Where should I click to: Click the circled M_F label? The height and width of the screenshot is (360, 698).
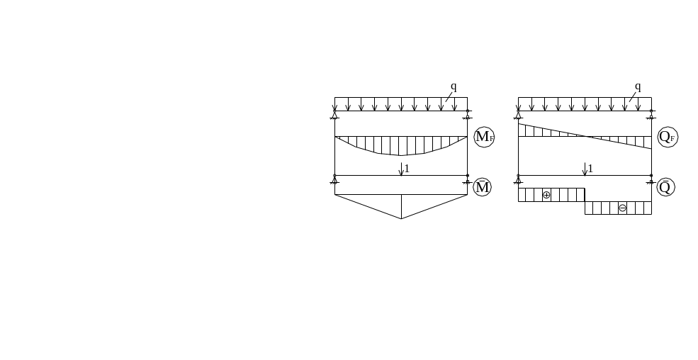[x=484, y=137]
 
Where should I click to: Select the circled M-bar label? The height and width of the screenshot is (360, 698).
[x=482, y=187]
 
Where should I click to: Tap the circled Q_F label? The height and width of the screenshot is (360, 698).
[x=668, y=137]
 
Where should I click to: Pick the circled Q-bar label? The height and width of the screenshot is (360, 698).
[x=665, y=187]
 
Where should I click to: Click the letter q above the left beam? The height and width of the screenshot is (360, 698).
[x=454, y=86]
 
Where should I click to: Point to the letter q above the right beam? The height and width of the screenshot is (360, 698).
[x=638, y=86]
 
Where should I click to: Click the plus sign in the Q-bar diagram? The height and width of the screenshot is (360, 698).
[x=546, y=195]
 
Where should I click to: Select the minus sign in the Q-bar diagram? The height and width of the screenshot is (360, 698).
[x=622, y=208]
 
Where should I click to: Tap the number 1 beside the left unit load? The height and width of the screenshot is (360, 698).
[x=407, y=169]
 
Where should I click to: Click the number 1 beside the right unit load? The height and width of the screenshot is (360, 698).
[x=590, y=169]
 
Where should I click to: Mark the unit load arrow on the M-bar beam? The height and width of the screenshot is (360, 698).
[x=401, y=169]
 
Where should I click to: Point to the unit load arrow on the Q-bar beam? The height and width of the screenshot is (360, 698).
[x=585, y=169]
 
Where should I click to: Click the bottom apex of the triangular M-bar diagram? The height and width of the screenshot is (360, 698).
[x=401, y=219]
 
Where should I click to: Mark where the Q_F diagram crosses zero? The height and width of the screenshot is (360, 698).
[x=585, y=136]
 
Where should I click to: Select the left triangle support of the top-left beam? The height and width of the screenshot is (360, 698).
[x=334, y=115]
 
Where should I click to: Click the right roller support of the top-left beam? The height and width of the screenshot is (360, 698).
[x=468, y=115]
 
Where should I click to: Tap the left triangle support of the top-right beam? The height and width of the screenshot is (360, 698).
[x=518, y=115]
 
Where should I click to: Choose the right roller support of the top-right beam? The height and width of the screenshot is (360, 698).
[x=651, y=115]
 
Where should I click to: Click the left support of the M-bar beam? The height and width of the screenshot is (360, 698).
[x=334, y=179]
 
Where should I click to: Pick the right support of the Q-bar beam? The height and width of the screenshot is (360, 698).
[x=651, y=179]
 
